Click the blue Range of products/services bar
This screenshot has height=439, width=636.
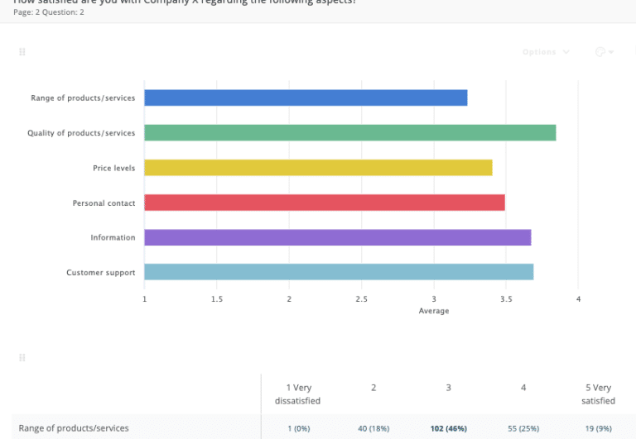coord(306,98)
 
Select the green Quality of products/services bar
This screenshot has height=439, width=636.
coord(349,132)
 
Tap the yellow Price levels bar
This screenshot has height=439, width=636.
coord(318,168)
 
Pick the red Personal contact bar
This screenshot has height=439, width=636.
coord(324,203)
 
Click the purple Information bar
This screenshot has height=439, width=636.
coord(337,237)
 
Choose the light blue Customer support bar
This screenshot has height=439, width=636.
coord(339,272)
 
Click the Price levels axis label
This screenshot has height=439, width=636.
coord(113,168)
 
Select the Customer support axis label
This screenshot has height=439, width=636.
coord(100,272)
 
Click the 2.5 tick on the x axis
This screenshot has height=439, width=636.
coord(361,298)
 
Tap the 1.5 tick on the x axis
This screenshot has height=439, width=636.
coord(217,298)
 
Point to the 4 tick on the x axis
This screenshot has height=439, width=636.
coord(578,298)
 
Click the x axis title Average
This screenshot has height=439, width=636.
coord(434,311)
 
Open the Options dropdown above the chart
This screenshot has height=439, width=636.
coord(546,52)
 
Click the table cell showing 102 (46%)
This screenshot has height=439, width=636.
coord(448,428)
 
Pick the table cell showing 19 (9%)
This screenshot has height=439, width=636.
coord(599,428)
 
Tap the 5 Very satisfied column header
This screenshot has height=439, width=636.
coord(599,394)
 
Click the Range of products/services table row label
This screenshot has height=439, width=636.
coord(74,428)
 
